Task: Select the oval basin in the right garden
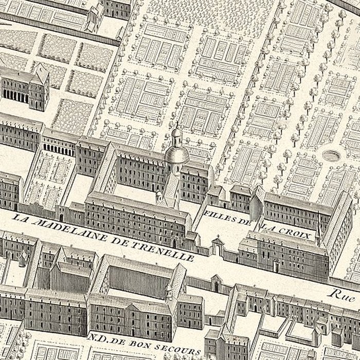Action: coord(332,154)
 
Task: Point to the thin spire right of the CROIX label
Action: coord(318,234)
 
